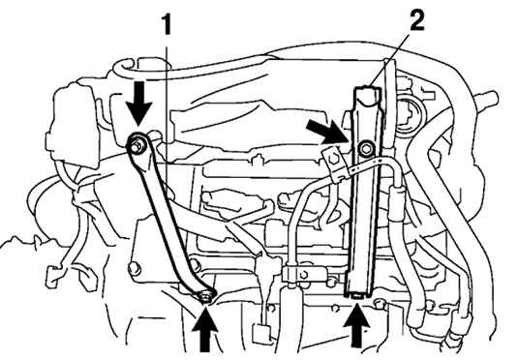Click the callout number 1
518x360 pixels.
[x=167, y=25]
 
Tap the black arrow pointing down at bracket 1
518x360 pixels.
[x=138, y=103]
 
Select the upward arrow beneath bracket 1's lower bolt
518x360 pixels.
[x=205, y=329]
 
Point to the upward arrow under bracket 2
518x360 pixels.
[x=356, y=325]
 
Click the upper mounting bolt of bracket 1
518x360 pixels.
[x=137, y=145]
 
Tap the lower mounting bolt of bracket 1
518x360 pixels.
[x=206, y=296]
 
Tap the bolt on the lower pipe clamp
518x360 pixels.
[x=303, y=274]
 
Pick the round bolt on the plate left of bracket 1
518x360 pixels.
[x=135, y=268]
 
